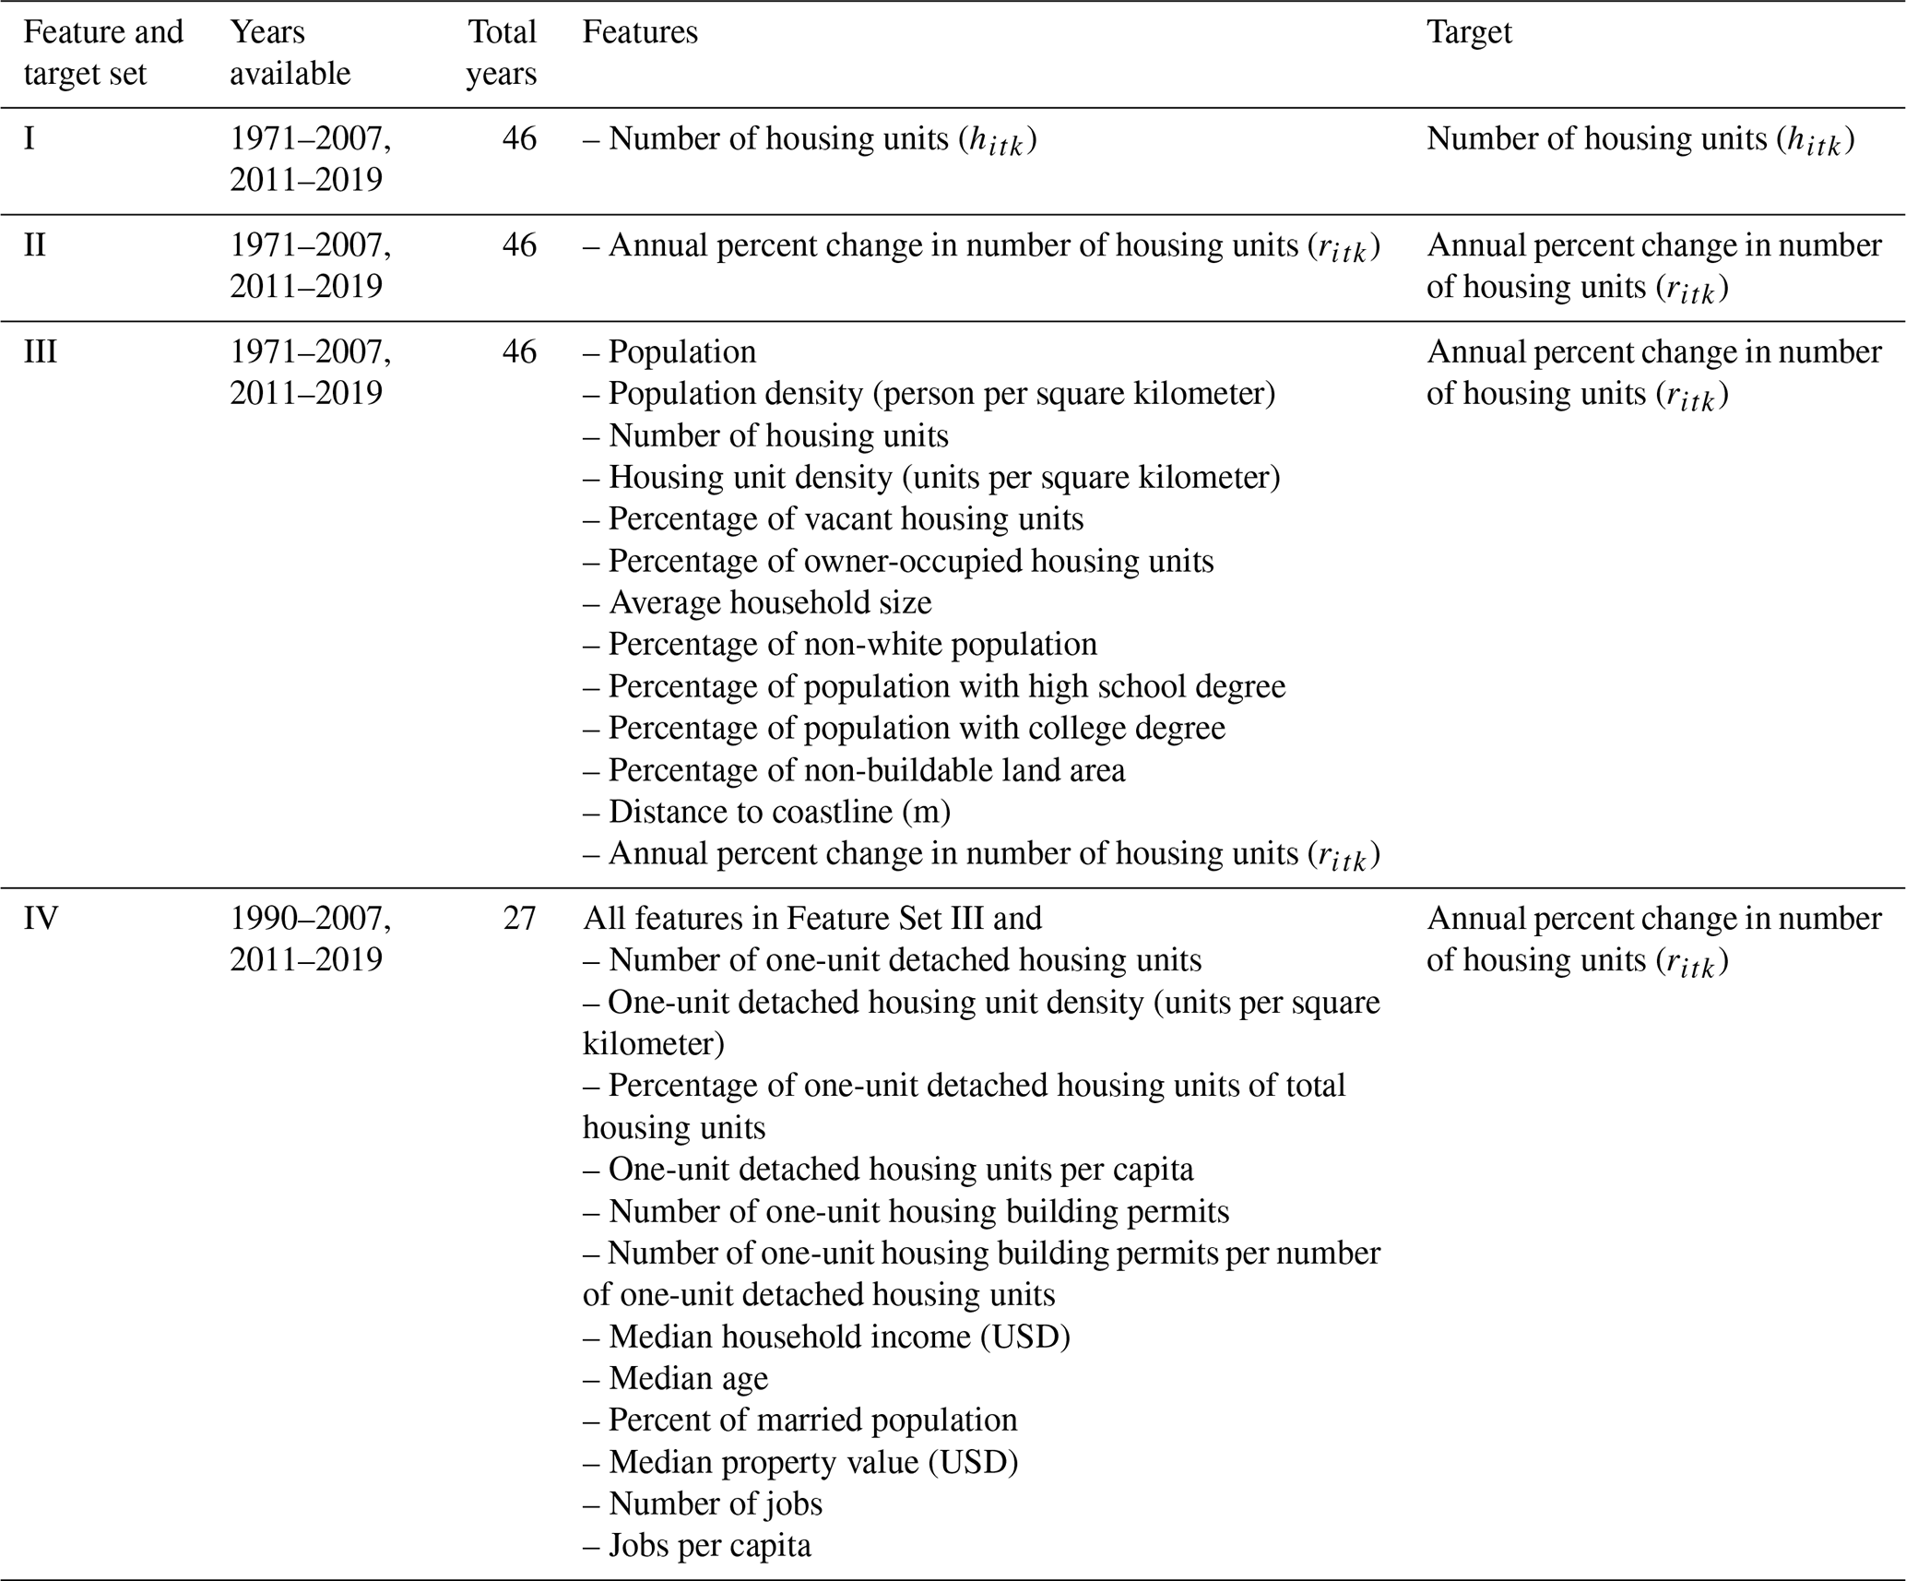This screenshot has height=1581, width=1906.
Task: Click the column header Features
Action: [x=640, y=32]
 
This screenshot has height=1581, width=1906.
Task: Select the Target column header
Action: [x=1469, y=32]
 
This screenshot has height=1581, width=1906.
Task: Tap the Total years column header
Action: [x=501, y=53]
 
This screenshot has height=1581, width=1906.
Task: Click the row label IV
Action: [x=41, y=919]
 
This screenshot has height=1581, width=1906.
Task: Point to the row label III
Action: [x=41, y=352]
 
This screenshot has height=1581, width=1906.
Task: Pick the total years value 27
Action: [x=519, y=919]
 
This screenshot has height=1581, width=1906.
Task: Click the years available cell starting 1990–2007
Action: [x=310, y=939]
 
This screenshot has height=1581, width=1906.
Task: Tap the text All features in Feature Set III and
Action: [x=811, y=919]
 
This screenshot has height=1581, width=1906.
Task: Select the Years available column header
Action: [x=290, y=53]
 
